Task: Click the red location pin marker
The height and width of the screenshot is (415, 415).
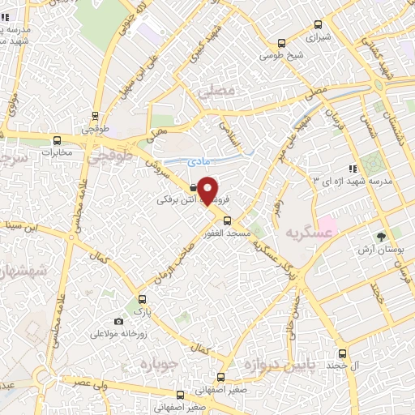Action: (207, 190)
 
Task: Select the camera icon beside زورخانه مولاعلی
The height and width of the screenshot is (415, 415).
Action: (119, 322)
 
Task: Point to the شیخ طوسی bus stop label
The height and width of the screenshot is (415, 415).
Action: (281, 56)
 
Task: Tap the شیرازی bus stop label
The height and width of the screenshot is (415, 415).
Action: (318, 36)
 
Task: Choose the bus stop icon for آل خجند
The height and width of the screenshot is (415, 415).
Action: (342, 353)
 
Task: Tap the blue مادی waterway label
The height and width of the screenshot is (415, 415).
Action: (199, 162)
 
